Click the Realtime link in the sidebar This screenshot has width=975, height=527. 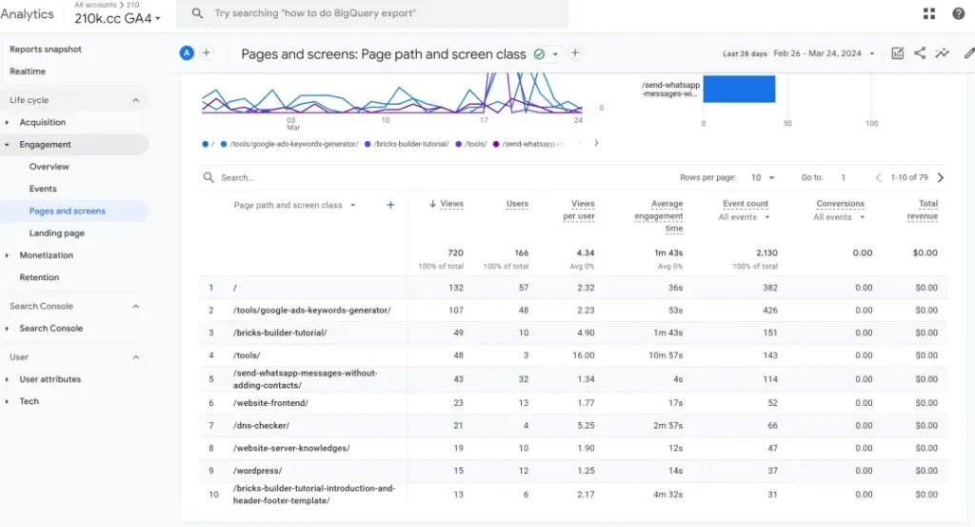tap(28, 71)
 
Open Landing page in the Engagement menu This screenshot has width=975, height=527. tap(57, 233)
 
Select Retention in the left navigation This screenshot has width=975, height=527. tap(39, 277)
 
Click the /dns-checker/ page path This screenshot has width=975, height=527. tap(261, 425)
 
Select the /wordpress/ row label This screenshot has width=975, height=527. tap(257, 471)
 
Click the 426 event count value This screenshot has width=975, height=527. tap(769, 310)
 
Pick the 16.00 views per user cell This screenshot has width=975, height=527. tap(583, 355)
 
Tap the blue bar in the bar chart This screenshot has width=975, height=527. tap(738, 89)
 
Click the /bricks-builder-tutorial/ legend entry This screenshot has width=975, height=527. tap(410, 144)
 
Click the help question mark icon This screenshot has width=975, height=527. tap(959, 13)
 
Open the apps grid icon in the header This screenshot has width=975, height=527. tap(929, 13)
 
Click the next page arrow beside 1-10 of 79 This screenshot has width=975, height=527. tap(941, 177)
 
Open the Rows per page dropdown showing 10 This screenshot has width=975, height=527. tap(763, 177)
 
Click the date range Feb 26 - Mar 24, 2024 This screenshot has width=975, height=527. tap(824, 53)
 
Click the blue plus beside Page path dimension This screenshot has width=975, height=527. tap(390, 205)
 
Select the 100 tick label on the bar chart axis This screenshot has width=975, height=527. tap(871, 124)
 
